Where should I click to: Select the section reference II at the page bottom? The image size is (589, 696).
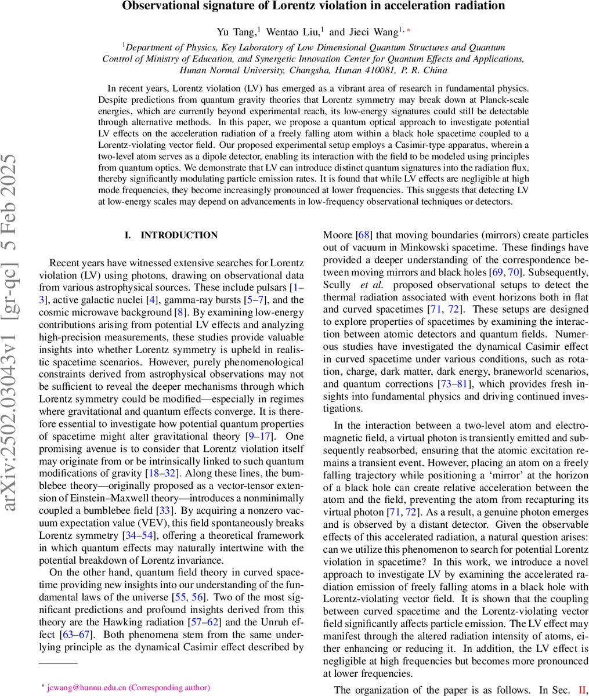click(x=582, y=690)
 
